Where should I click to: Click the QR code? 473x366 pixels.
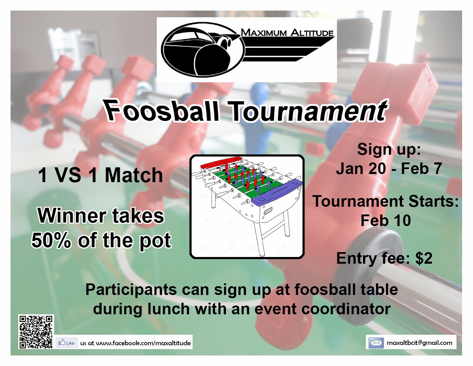(36, 332)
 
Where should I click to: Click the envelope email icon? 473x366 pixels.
(376, 342)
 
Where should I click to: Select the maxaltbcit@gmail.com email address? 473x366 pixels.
(419, 342)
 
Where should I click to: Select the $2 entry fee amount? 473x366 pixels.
(423, 258)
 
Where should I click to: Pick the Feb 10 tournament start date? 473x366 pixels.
(385, 221)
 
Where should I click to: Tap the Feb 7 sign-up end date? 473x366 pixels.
(421, 169)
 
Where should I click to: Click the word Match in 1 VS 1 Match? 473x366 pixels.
(134, 175)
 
